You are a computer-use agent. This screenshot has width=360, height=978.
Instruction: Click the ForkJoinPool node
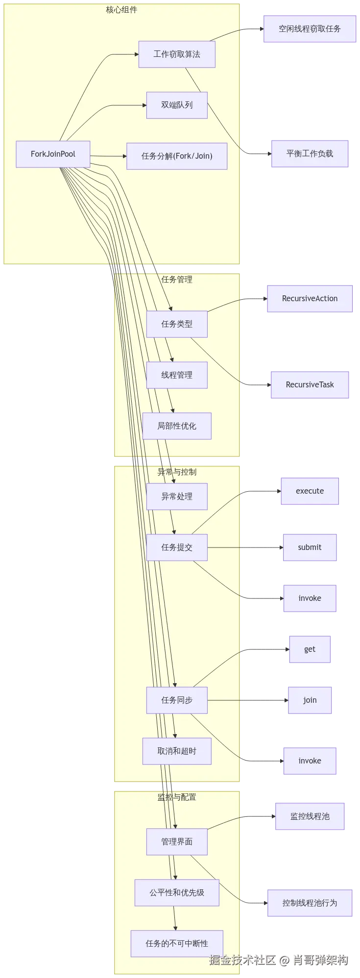coord(53,154)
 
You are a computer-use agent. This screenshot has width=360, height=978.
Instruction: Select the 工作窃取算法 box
coord(177,54)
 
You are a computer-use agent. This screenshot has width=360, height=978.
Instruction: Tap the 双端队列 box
coord(177,105)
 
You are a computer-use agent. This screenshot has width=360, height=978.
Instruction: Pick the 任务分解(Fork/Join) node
coord(177,156)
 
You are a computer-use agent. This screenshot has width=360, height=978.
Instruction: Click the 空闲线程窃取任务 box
coord(310,29)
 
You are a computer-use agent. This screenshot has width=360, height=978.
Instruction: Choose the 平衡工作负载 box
coord(310,154)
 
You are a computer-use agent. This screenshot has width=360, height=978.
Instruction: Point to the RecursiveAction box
coord(310,298)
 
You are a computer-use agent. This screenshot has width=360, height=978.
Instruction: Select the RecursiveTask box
coord(310,385)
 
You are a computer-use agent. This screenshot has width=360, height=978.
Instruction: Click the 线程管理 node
coord(177,375)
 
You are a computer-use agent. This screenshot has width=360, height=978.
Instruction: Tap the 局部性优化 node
coord(177,426)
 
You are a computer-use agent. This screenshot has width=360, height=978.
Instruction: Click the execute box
coord(310,491)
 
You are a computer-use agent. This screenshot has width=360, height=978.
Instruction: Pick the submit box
coord(310,548)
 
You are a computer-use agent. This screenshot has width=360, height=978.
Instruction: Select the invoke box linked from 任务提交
coord(310,598)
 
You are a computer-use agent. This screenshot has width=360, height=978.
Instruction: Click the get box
coord(310,649)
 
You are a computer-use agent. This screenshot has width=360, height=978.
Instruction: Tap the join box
coord(310,700)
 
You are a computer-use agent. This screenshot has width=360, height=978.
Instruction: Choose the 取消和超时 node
coord(177,751)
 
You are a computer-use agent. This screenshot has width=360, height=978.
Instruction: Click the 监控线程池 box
coord(310,816)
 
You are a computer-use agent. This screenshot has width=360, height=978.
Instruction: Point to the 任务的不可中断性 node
coord(177,944)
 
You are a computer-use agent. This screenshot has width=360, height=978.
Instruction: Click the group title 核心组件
coord(121,10)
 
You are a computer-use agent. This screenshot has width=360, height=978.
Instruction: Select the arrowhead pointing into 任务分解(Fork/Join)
coord(124,156)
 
